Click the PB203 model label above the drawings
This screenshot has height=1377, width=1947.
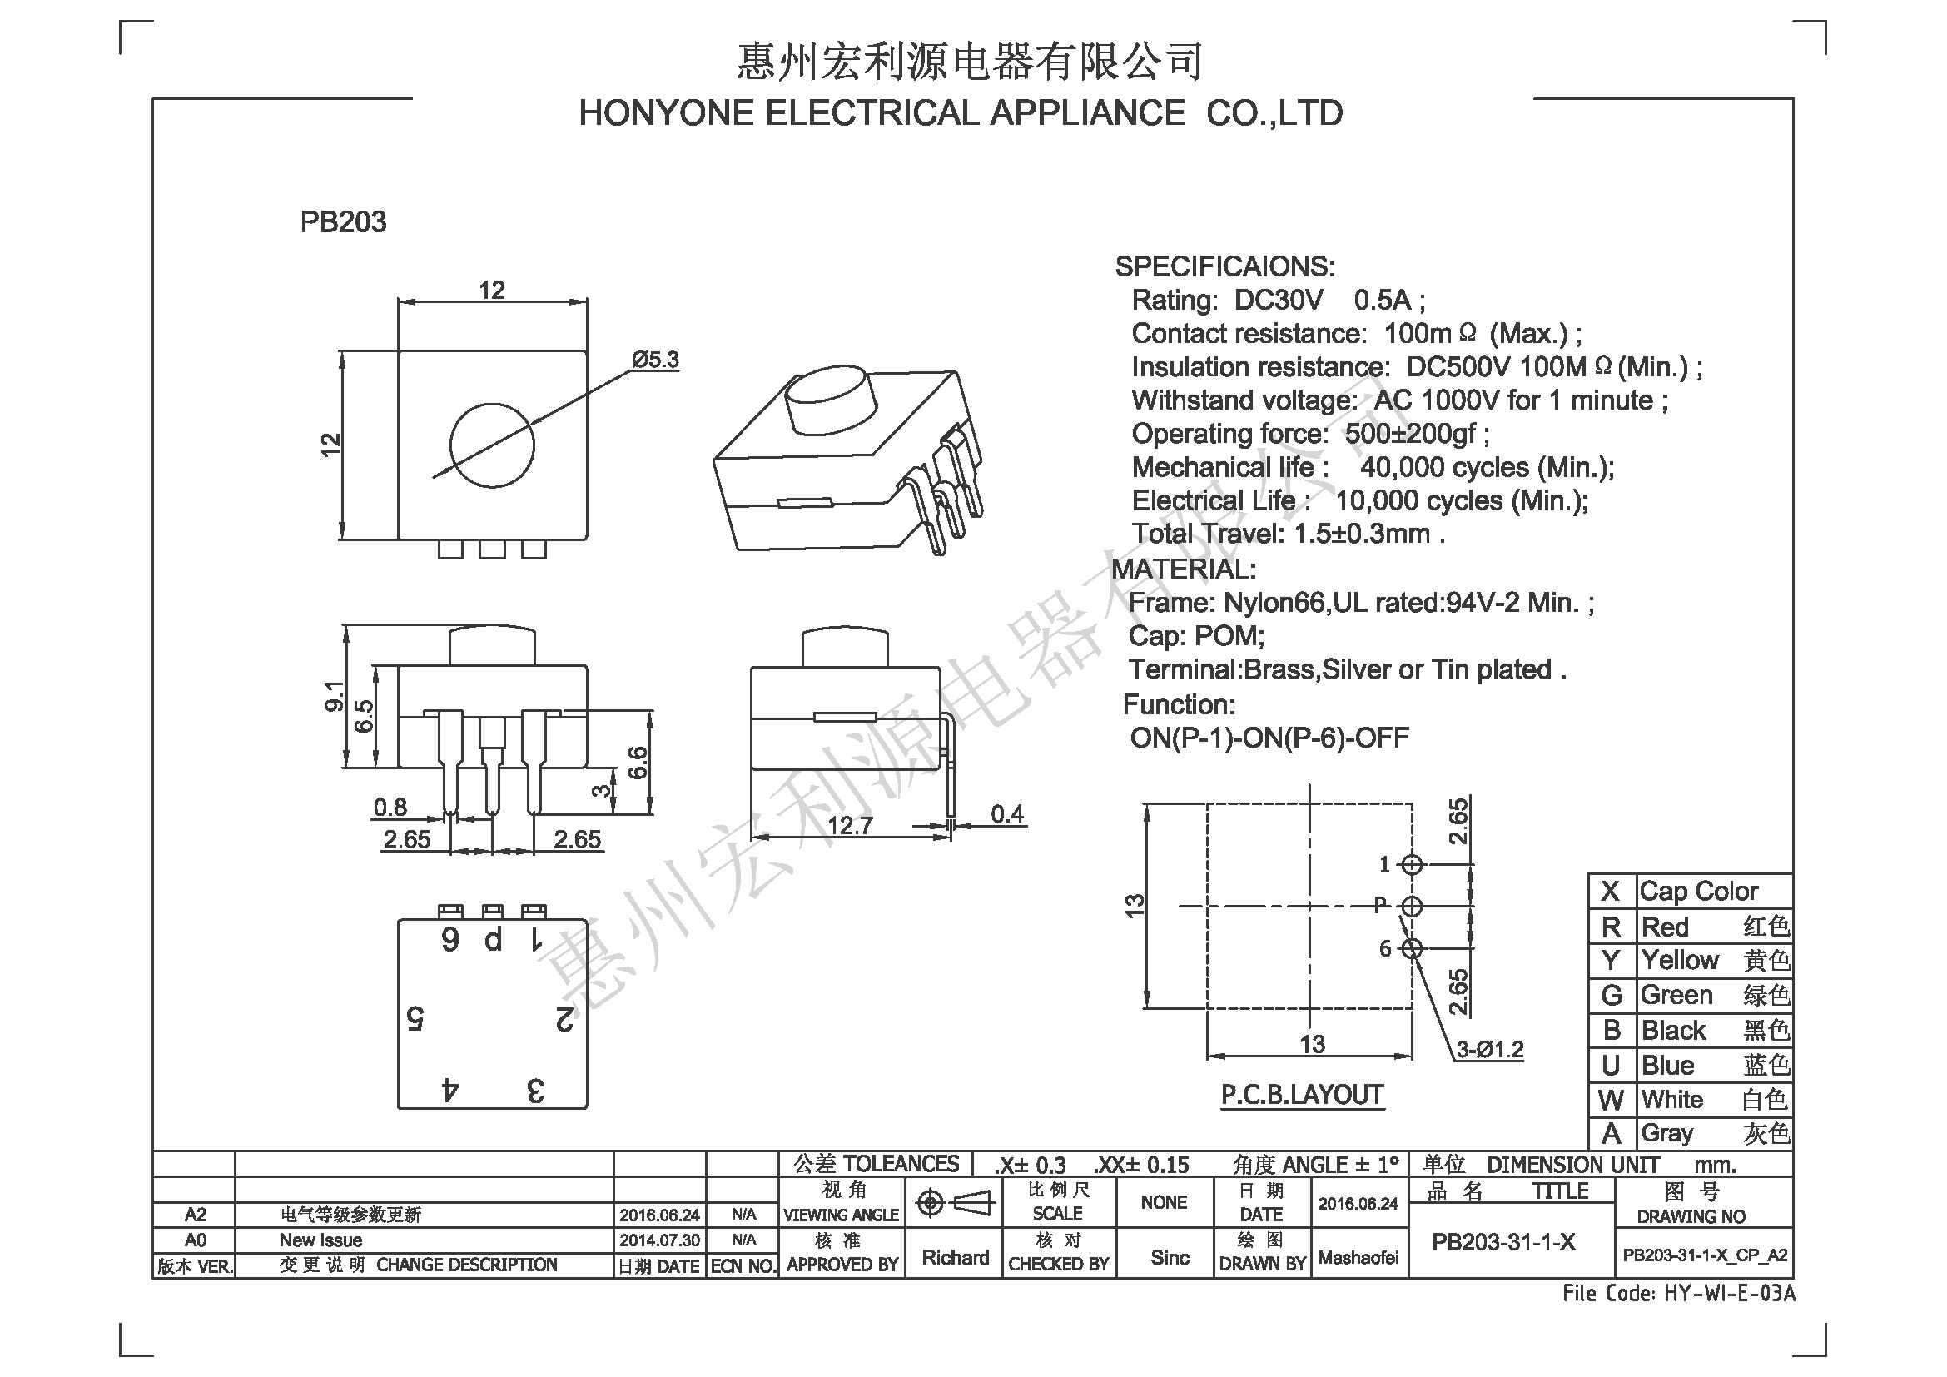pyautogui.click(x=343, y=221)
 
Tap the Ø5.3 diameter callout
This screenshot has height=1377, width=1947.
pyautogui.click(x=655, y=360)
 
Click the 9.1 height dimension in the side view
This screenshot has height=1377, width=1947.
pyautogui.click(x=334, y=696)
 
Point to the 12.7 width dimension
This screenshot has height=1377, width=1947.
pyautogui.click(x=850, y=825)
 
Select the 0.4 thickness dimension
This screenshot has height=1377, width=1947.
pyautogui.click(x=1007, y=814)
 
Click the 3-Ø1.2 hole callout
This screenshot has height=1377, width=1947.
pyautogui.click(x=1490, y=1050)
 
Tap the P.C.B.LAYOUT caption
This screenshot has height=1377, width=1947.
pyautogui.click(x=1303, y=1095)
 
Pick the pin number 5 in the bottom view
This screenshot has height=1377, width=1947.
pyautogui.click(x=415, y=1017)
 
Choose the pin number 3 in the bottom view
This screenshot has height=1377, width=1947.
pyautogui.click(x=535, y=1091)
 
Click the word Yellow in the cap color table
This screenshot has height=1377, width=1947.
pyautogui.click(x=1680, y=960)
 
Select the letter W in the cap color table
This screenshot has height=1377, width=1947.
pyautogui.click(x=1611, y=1100)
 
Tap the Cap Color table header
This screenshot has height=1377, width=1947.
pyautogui.click(x=1699, y=891)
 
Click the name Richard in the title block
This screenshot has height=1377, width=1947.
pyautogui.click(x=956, y=1257)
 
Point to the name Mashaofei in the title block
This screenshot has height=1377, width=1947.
pyautogui.click(x=1358, y=1258)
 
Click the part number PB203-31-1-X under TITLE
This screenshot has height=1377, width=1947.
pyautogui.click(x=1503, y=1242)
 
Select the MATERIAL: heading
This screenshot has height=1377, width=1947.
pyautogui.click(x=1184, y=569)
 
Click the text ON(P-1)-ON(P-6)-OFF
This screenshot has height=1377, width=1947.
pyautogui.click(x=1269, y=738)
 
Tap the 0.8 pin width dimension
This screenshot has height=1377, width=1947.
pyautogui.click(x=390, y=808)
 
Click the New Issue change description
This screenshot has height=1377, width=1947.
pyautogui.click(x=320, y=1240)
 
